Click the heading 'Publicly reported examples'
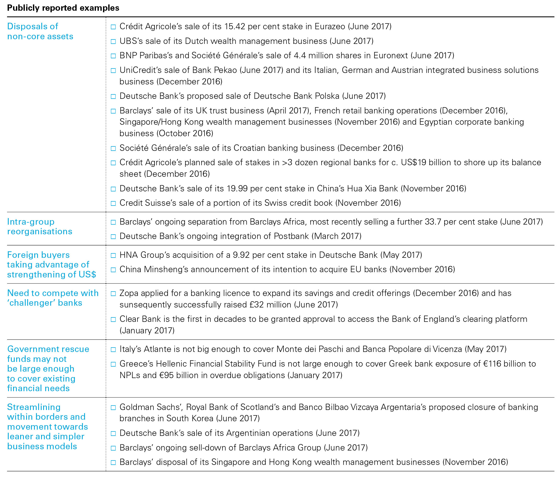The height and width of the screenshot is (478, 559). (x=63, y=8)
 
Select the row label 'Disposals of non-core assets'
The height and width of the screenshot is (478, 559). (x=40, y=31)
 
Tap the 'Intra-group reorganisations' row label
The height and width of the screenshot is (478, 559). (x=40, y=227)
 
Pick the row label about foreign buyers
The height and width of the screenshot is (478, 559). (x=51, y=265)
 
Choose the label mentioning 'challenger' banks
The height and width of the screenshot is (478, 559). (x=53, y=298)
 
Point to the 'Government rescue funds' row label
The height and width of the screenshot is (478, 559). (x=48, y=368)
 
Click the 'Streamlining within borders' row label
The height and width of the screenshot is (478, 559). (x=48, y=427)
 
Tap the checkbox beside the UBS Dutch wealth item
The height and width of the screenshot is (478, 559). (x=113, y=42)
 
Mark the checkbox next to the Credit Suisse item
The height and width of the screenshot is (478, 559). (x=113, y=203)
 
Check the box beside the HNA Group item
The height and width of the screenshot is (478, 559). (x=113, y=255)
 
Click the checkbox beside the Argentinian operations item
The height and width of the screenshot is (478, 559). (x=113, y=434)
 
